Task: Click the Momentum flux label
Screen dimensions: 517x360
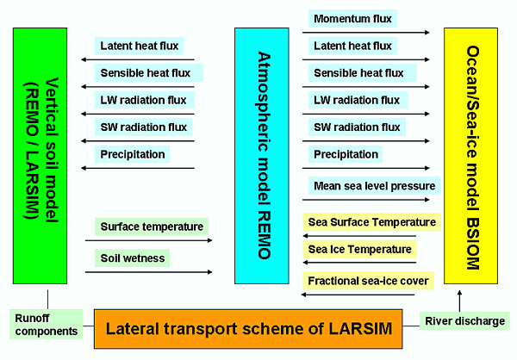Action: coord(352,18)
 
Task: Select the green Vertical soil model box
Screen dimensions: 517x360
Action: coord(40,156)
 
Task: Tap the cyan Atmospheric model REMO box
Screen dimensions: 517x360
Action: coord(262,156)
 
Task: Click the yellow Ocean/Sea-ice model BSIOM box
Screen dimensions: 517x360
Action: coord(470,156)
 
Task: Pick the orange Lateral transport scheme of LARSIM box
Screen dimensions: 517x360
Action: coord(248,329)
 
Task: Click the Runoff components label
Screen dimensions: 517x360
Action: coord(46,325)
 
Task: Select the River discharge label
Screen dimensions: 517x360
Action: coord(464,320)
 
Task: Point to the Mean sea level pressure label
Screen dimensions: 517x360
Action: coord(374,186)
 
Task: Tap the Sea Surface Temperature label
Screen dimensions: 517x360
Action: coord(372,222)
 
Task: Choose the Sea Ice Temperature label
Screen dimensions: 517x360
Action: coord(359,249)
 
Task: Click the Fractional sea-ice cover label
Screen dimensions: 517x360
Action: coord(368,281)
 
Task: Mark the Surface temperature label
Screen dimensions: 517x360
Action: coord(152,227)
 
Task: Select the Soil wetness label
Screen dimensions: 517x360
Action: coord(132,258)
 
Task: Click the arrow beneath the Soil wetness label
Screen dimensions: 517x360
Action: coord(149,272)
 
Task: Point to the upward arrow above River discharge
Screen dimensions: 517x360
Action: coord(459,301)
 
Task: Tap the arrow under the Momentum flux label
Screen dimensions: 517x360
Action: coord(366,33)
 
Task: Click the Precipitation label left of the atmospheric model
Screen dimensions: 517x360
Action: coord(132,154)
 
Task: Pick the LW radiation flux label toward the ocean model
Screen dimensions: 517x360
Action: coord(358,100)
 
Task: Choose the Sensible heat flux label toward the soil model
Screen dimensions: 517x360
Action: coord(149,73)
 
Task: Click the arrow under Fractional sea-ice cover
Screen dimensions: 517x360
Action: coord(358,295)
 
